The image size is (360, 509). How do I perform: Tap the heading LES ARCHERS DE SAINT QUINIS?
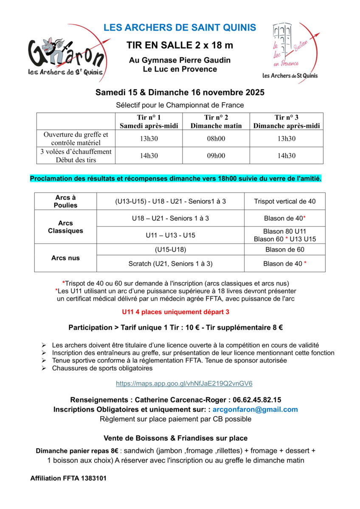pos(180,28)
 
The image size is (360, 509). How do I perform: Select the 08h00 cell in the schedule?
pos(216,138)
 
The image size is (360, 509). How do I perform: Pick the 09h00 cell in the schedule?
pos(216,156)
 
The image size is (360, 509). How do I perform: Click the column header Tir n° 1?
pos(149,121)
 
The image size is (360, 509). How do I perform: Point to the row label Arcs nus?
pos(65,258)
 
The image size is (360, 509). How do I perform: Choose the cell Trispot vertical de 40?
pos(284,201)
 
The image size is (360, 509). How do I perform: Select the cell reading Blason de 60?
pos(284,250)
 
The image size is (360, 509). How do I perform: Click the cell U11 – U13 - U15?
pos(170,235)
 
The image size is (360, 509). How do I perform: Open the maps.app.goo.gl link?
pos(184,383)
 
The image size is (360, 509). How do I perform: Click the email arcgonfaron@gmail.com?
pos(255,409)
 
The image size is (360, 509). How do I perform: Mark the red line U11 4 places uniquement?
pos(176,312)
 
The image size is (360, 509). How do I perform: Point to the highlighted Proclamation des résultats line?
pos(176,179)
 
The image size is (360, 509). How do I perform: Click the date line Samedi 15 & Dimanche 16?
pos(180,92)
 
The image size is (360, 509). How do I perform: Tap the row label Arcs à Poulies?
pos(65,201)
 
